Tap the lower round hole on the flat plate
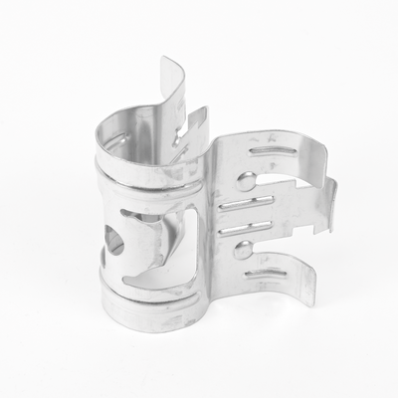coord(243,249)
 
